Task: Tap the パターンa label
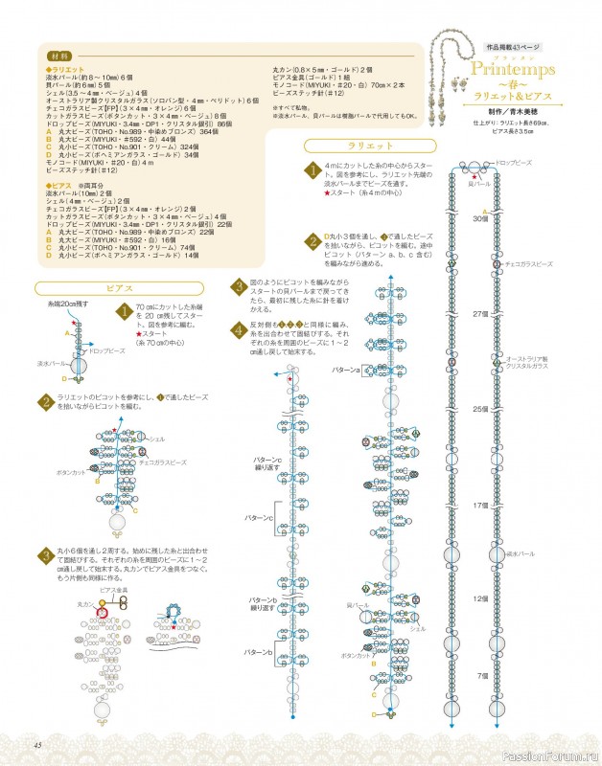(x=345, y=369)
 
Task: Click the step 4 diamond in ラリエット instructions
(x=238, y=329)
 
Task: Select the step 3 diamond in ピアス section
(x=45, y=555)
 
